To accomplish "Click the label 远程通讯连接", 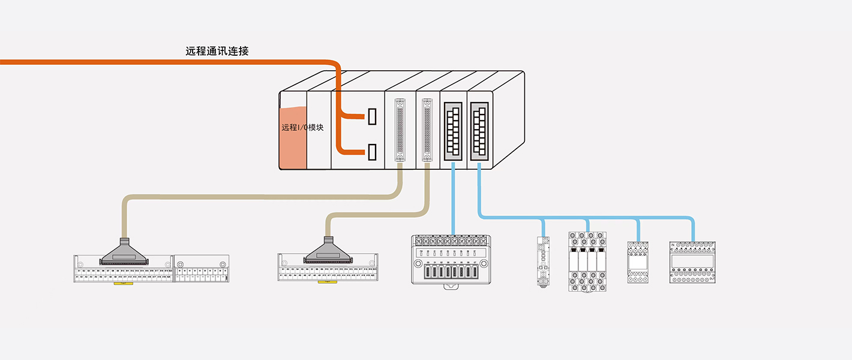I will click(217, 52).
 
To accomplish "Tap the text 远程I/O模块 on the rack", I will click(302, 127).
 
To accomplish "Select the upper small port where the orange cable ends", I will click(372, 116).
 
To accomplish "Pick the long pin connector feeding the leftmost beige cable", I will click(400, 130).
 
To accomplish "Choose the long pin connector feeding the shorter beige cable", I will click(427, 130).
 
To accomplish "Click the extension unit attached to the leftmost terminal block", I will click(201, 268).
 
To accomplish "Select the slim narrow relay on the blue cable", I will click(543, 262).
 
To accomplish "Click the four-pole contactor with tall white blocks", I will click(587, 262).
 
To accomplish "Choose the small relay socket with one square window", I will click(637, 262).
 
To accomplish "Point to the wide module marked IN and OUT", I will click(693, 262).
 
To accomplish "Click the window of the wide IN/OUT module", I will click(693, 261).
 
